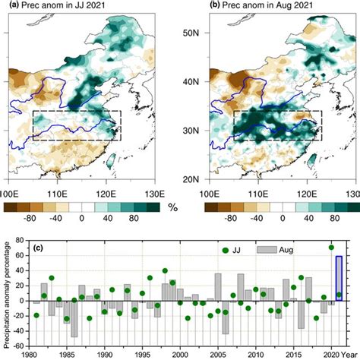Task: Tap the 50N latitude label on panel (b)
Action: pos(191,33)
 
